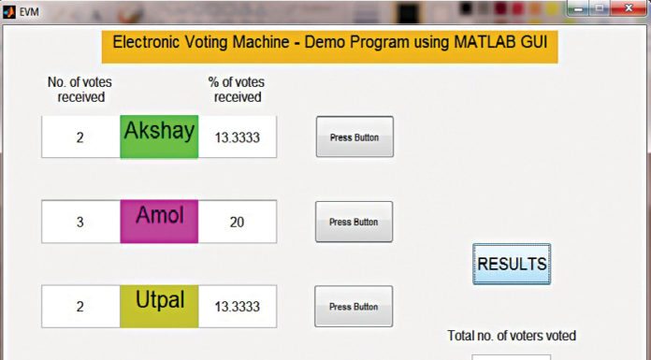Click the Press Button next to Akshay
pyautogui.click(x=354, y=137)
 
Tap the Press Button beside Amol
pyautogui.click(x=354, y=222)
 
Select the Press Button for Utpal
pyautogui.click(x=354, y=306)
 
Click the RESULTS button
pyautogui.click(x=512, y=265)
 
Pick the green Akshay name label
pyautogui.click(x=159, y=137)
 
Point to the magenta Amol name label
pyautogui.click(x=159, y=221)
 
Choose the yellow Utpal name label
pyautogui.click(x=159, y=305)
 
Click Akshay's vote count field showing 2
pyautogui.click(x=80, y=137)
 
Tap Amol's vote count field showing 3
pyautogui.click(x=80, y=222)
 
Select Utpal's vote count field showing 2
pyautogui.click(x=80, y=306)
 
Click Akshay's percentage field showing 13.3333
pyautogui.click(x=238, y=137)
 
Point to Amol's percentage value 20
pyautogui.click(x=238, y=222)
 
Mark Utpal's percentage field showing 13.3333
pyautogui.click(x=238, y=306)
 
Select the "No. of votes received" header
pyautogui.click(x=80, y=89)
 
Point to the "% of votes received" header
pyautogui.click(x=237, y=89)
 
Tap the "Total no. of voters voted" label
pyautogui.click(x=512, y=336)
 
